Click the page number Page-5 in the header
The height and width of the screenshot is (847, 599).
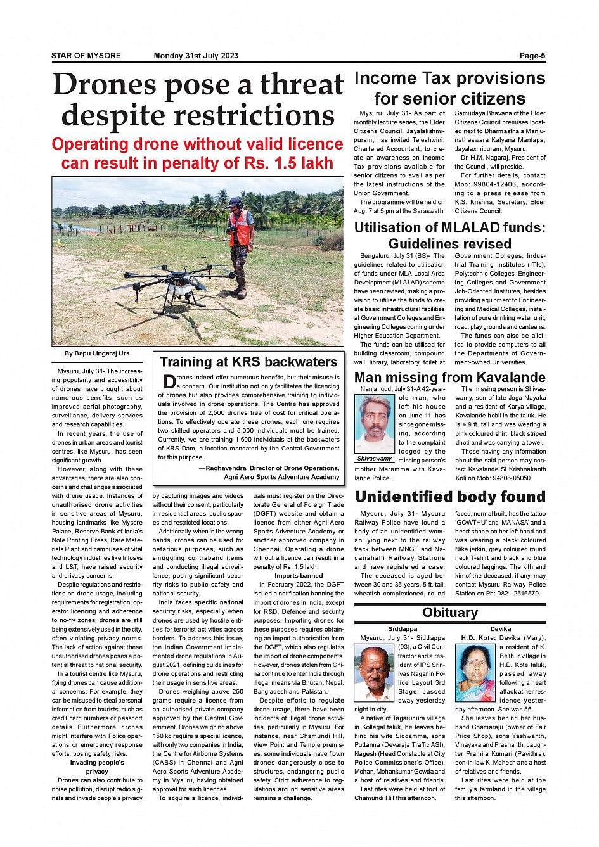[x=532, y=56]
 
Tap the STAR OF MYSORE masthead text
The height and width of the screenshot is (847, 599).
[x=86, y=56]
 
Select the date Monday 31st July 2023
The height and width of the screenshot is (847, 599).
[x=196, y=56]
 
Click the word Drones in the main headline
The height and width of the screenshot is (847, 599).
[x=105, y=85]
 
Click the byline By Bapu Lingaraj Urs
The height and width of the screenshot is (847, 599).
[x=97, y=353]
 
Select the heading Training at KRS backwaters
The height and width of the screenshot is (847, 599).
[x=248, y=362]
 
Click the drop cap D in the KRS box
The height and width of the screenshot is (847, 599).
[x=169, y=381]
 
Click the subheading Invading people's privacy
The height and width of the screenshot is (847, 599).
[x=97, y=767]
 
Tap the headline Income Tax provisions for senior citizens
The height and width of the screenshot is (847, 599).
[x=449, y=89]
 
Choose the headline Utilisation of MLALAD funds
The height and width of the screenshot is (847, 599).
[x=449, y=228]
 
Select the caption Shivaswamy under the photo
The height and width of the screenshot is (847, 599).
[x=374, y=459]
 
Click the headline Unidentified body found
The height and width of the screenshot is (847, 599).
[x=449, y=497]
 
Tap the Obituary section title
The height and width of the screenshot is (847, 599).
[x=450, y=613]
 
